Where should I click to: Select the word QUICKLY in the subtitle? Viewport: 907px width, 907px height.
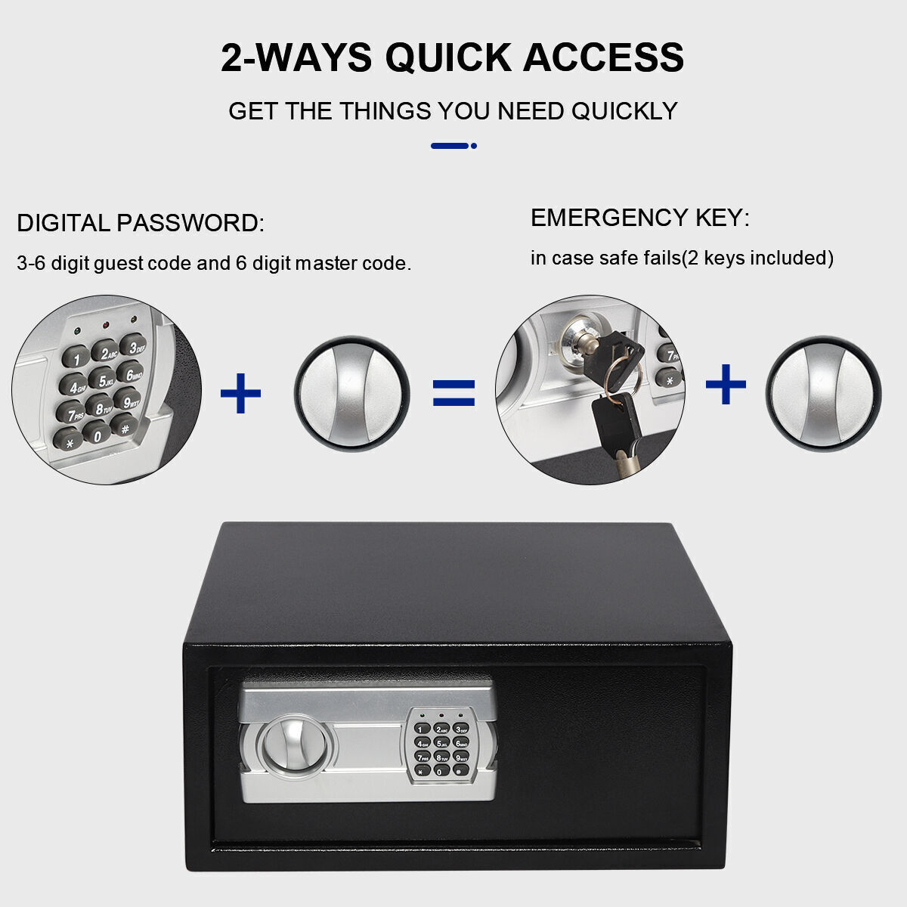tap(624, 111)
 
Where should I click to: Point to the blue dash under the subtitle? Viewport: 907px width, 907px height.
tap(450, 146)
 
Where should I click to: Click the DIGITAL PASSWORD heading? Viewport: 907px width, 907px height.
tap(140, 224)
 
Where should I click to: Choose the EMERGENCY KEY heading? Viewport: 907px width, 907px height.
tap(639, 218)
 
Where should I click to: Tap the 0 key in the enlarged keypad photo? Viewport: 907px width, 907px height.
tap(97, 433)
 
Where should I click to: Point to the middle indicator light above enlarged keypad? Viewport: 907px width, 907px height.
tap(105, 326)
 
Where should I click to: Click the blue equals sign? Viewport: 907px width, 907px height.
tap(453, 393)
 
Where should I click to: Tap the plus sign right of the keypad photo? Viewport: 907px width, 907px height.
tap(240, 393)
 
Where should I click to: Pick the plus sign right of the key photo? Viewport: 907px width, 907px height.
tap(726, 384)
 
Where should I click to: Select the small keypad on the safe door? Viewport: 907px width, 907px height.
tap(441, 745)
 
